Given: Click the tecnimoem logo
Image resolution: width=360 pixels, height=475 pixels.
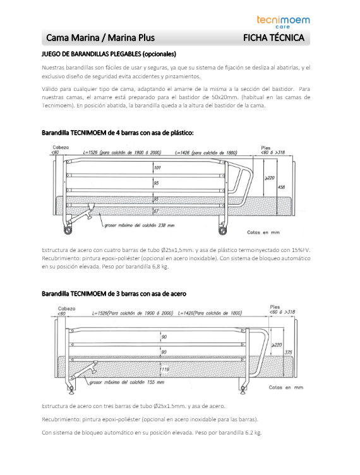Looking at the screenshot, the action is [283, 21].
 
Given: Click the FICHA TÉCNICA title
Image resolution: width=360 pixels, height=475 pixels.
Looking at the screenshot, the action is [273, 38].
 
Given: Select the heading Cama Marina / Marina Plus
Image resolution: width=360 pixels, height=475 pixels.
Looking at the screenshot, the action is [100, 38].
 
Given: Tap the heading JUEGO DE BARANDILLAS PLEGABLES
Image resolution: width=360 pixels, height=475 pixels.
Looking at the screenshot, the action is [109, 54].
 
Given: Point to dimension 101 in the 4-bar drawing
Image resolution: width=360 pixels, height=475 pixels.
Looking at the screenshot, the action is [157, 167].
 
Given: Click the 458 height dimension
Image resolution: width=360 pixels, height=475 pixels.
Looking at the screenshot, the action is [281, 187].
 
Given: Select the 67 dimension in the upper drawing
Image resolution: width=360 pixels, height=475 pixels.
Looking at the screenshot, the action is [156, 211].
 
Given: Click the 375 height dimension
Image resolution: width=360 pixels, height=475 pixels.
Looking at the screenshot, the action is [288, 352].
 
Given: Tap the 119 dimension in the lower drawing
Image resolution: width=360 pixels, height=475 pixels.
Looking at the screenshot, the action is [164, 370].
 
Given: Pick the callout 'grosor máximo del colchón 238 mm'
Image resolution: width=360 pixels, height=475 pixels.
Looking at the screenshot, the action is [140, 225].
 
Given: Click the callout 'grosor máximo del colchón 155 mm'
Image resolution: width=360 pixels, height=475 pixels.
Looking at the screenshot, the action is [126, 382].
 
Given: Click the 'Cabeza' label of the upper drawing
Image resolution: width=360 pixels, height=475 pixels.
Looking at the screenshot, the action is [61, 148].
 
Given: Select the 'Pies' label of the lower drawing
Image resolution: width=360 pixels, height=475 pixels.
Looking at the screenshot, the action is [275, 307].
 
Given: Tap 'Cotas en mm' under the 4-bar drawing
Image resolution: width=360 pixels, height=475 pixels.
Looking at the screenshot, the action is [263, 232].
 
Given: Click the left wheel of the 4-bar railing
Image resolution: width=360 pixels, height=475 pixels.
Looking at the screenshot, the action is [68, 231].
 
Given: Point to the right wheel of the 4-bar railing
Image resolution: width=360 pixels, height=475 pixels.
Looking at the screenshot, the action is [222, 231].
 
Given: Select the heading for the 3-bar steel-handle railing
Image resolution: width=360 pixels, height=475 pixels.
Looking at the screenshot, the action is [114, 294].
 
